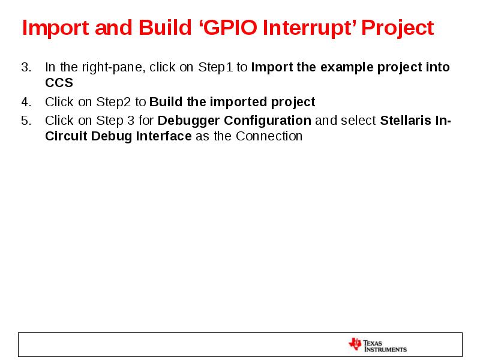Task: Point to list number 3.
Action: (x=25, y=67)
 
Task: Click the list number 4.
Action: (x=25, y=102)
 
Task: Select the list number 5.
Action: (x=25, y=121)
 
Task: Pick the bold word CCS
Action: (x=59, y=83)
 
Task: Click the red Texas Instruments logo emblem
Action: (x=355, y=344)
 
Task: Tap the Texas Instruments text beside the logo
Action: (x=385, y=345)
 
